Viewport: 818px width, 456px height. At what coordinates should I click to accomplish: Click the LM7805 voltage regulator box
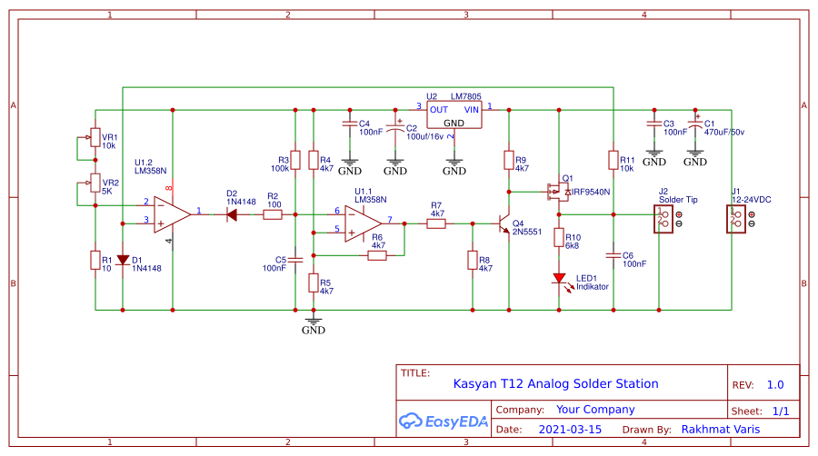coord(454,115)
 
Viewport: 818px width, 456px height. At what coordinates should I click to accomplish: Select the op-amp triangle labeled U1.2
coord(170,213)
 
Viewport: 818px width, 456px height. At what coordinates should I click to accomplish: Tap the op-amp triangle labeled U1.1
coord(363,221)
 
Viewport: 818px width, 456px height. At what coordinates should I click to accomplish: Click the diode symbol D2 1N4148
coord(232,215)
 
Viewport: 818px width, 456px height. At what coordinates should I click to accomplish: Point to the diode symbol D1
coord(123,260)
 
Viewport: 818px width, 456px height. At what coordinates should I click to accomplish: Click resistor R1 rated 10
coord(95,260)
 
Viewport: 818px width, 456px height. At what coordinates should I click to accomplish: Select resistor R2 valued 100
coord(273,215)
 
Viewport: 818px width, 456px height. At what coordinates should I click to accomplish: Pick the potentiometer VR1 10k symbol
coord(95,137)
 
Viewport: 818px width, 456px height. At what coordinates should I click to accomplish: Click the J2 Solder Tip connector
coord(664,219)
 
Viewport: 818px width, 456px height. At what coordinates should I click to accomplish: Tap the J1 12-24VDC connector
coord(737,219)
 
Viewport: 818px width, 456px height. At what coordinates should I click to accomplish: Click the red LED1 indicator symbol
coord(559,279)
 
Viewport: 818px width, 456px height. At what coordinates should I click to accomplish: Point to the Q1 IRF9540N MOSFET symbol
coord(555,192)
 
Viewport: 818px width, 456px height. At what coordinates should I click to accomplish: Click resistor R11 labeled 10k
coord(613,160)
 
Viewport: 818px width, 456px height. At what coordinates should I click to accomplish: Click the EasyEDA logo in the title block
coord(444,421)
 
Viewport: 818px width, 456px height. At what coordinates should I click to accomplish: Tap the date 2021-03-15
coord(570,429)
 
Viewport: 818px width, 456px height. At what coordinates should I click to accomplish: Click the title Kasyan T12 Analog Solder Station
coord(555,383)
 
